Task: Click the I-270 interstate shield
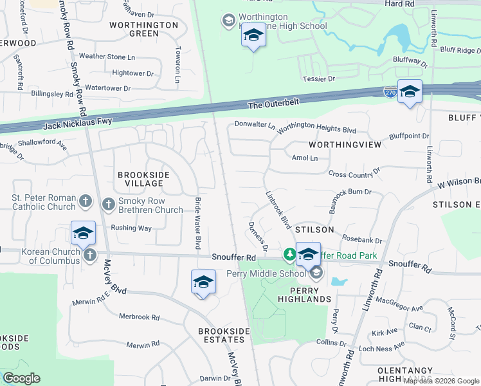[x=390, y=93]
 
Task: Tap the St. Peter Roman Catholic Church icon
[x=85, y=203]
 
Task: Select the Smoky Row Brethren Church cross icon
[x=108, y=204]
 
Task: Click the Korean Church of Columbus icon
[x=89, y=255]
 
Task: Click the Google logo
[x=21, y=378]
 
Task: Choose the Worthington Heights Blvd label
[x=316, y=129]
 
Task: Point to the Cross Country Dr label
[x=354, y=174]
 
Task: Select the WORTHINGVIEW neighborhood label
[x=345, y=145]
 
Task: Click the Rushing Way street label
[x=131, y=228]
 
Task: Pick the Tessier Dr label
[x=319, y=78]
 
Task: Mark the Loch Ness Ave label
[x=381, y=347]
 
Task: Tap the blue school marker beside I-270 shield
[x=410, y=92]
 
